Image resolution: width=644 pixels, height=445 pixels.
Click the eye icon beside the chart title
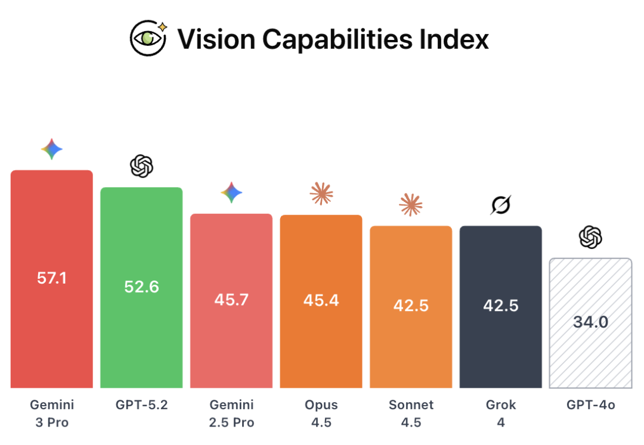pyautogui.click(x=148, y=38)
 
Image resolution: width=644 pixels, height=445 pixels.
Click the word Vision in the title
pyautogui.click(x=215, y=39)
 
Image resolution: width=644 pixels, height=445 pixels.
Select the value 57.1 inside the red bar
pyautogui.click(x=52, y=278)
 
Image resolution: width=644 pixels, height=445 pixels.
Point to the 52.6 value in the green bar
pyautogui.click(x=141, y=287)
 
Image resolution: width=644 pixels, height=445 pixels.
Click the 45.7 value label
pyautogui.click(x=231, y=300)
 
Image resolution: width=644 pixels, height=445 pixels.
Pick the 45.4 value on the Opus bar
pyautogui.click(x=321, y=300)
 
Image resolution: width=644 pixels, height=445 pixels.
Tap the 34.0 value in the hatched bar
pyautogui.click(x=590, y=322)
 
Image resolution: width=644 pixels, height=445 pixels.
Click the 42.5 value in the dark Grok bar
pyautogui.click(x=501, y=306)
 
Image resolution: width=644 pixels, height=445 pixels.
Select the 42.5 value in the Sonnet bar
pyautogui.click(x=411, y=306)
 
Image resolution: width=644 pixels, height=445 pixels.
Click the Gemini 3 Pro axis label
pyautogui.click(x=52, y=413)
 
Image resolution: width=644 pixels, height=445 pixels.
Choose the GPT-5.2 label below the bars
pyautogui.click(x=141, y=405)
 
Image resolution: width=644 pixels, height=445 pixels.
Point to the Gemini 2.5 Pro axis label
pyautogui.click(x=231, y=413)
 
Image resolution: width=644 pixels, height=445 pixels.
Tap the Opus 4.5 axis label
pyautogui.click(x=321, y=413)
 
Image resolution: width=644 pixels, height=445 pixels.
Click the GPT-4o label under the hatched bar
pyautogui.click(x=590, y=405)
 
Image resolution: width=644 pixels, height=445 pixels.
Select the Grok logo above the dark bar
pyautogui.click(x=501, y=205)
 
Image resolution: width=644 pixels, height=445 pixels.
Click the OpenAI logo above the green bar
pyautogui.click(x=141, y=166)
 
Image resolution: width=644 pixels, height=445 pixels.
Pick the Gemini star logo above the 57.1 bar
pyautogui.click(x=52, y=150)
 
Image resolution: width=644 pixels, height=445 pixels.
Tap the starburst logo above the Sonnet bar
pyautogui.click(x=411, y=205)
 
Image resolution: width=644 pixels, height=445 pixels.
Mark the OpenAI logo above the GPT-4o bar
pyautogui.click(x=590, y=238)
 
